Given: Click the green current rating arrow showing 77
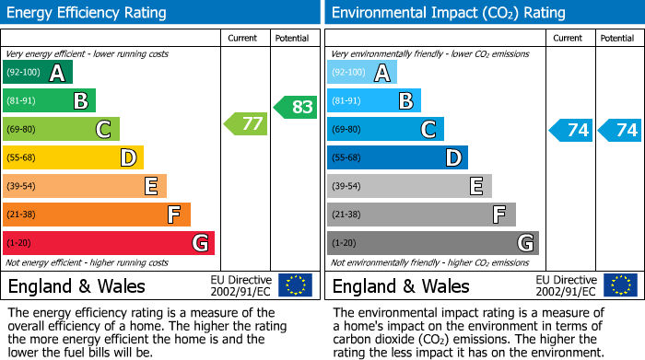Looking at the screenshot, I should (x=245, y=123).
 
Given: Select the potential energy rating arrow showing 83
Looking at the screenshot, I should (x=295, y=107).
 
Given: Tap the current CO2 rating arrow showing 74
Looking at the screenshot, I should (x=570, y=130).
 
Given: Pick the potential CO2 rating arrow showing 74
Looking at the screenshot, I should (x=619, y=130).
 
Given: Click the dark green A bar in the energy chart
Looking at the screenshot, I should (x=38, y=73).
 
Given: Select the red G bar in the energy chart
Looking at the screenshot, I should (x=109, y=243).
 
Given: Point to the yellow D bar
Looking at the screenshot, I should (x=74, y=158).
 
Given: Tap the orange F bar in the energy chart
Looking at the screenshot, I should (x=97, y=215).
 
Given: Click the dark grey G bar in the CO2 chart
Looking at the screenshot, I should (x=432, y=243).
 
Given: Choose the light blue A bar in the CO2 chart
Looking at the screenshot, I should (x=362, y=73).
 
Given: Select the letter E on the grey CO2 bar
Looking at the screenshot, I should (x=476, y=187).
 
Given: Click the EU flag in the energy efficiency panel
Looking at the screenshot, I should (x=295, y=285).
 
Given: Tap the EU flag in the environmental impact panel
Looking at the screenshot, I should (x=620, y=285).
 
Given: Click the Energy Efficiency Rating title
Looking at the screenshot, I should (x=88, y=13).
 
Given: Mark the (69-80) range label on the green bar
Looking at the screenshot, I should (x=22, y=130).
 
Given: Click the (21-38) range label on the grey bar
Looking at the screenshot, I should (x=346, y=215).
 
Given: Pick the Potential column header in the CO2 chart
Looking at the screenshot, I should (x=617, y=38).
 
